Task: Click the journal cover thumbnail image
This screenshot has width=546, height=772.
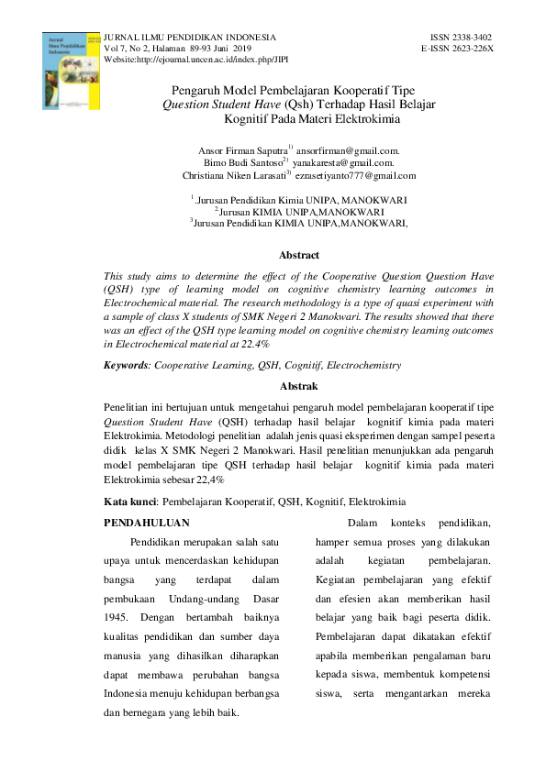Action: [x=70, y=72]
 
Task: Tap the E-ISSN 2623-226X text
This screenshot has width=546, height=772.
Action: [x=457, y=48]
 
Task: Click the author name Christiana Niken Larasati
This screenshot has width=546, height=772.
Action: [x=233, y=175]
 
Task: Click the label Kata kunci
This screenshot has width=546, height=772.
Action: [x=128, y=502]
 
